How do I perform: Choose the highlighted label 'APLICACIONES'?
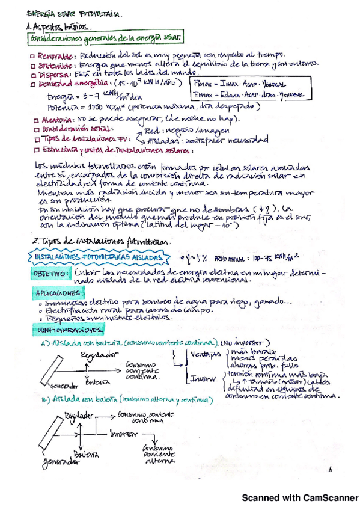tap(55, 292)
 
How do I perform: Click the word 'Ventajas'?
tap(204, 355)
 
